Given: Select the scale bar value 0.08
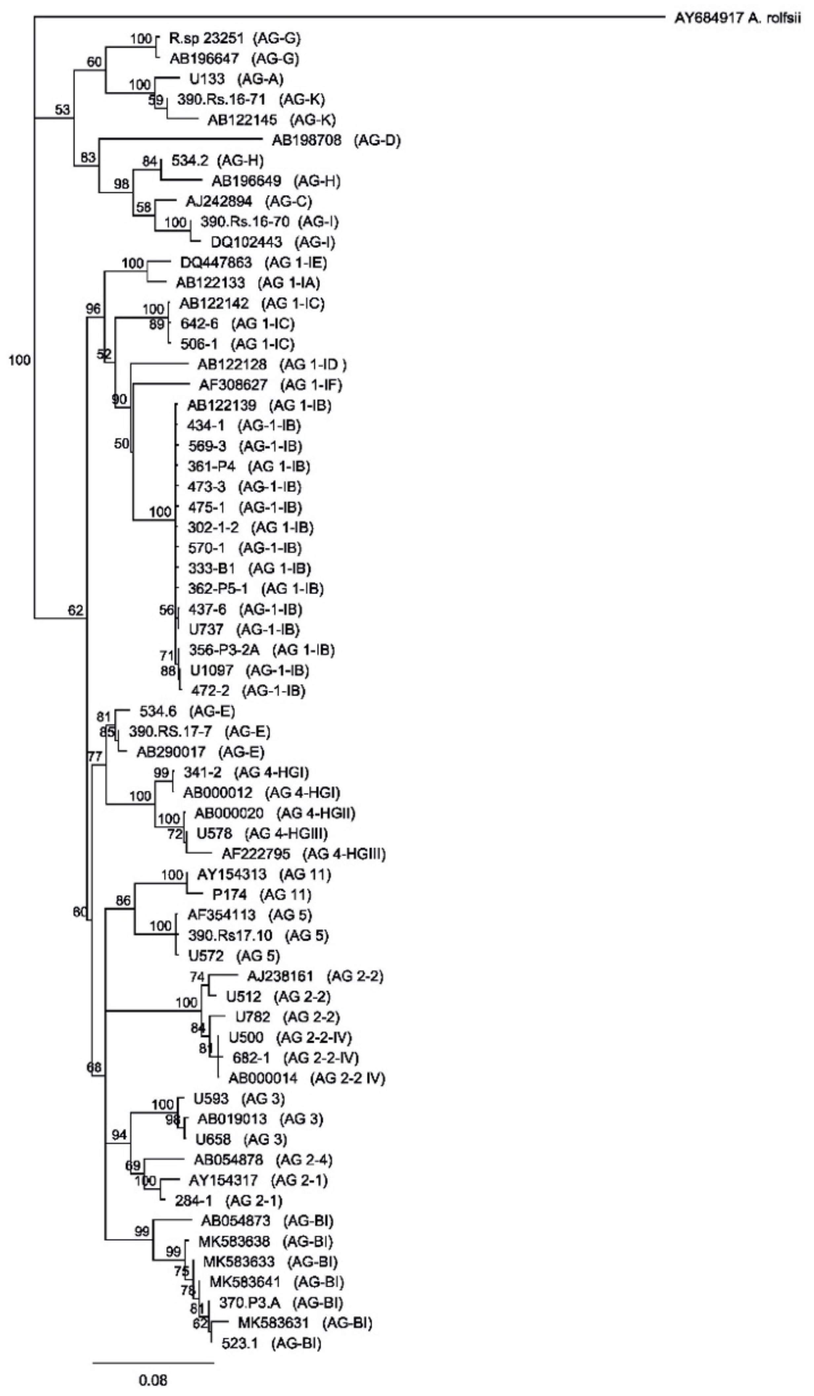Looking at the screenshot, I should point(152,1380).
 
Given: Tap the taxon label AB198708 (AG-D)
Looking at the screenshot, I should point(336,140).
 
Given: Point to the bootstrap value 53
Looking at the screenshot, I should point(63,110).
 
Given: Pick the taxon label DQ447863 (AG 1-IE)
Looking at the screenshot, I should point(253,262).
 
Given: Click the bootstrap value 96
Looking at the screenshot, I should point(93,309).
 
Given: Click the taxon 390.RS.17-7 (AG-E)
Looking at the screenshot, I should point(199,732).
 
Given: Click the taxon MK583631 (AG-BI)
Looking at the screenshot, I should point(305,1323).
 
